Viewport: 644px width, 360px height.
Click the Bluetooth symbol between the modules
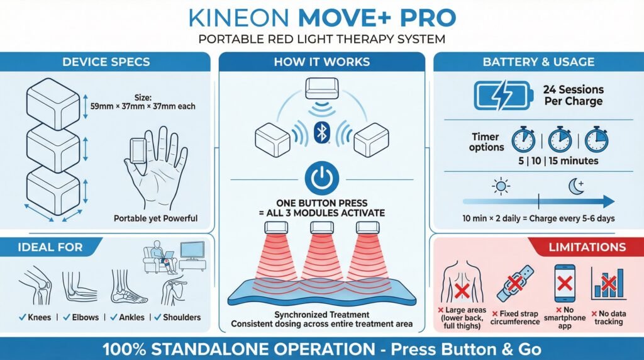[x=322, y=132]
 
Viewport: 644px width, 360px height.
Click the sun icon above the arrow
[x=501, y=186]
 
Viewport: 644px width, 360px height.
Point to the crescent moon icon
[x=576, y=186]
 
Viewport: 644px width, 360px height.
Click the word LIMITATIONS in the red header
[x=587, y=247]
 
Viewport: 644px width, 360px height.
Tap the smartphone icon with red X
[x=565, y=284]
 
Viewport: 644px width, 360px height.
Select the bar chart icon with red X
[x=608, y=283]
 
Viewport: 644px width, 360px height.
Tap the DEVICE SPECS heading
[x=106, y=62]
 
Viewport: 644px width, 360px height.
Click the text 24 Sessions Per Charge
[x=574, y=95]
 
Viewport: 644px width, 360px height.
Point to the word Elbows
[x=86, y=317]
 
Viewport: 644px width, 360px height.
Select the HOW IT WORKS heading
[x=322, y=62]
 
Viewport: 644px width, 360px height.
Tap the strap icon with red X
[x=515, y=284]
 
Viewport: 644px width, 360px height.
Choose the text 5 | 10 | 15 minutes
[x=558, y=160]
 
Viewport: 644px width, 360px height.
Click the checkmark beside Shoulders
[x=158, y=317]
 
